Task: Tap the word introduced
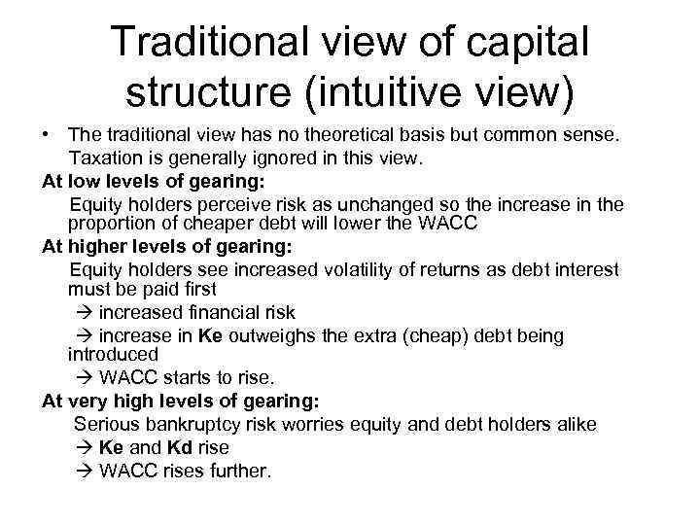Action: (113, 354)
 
